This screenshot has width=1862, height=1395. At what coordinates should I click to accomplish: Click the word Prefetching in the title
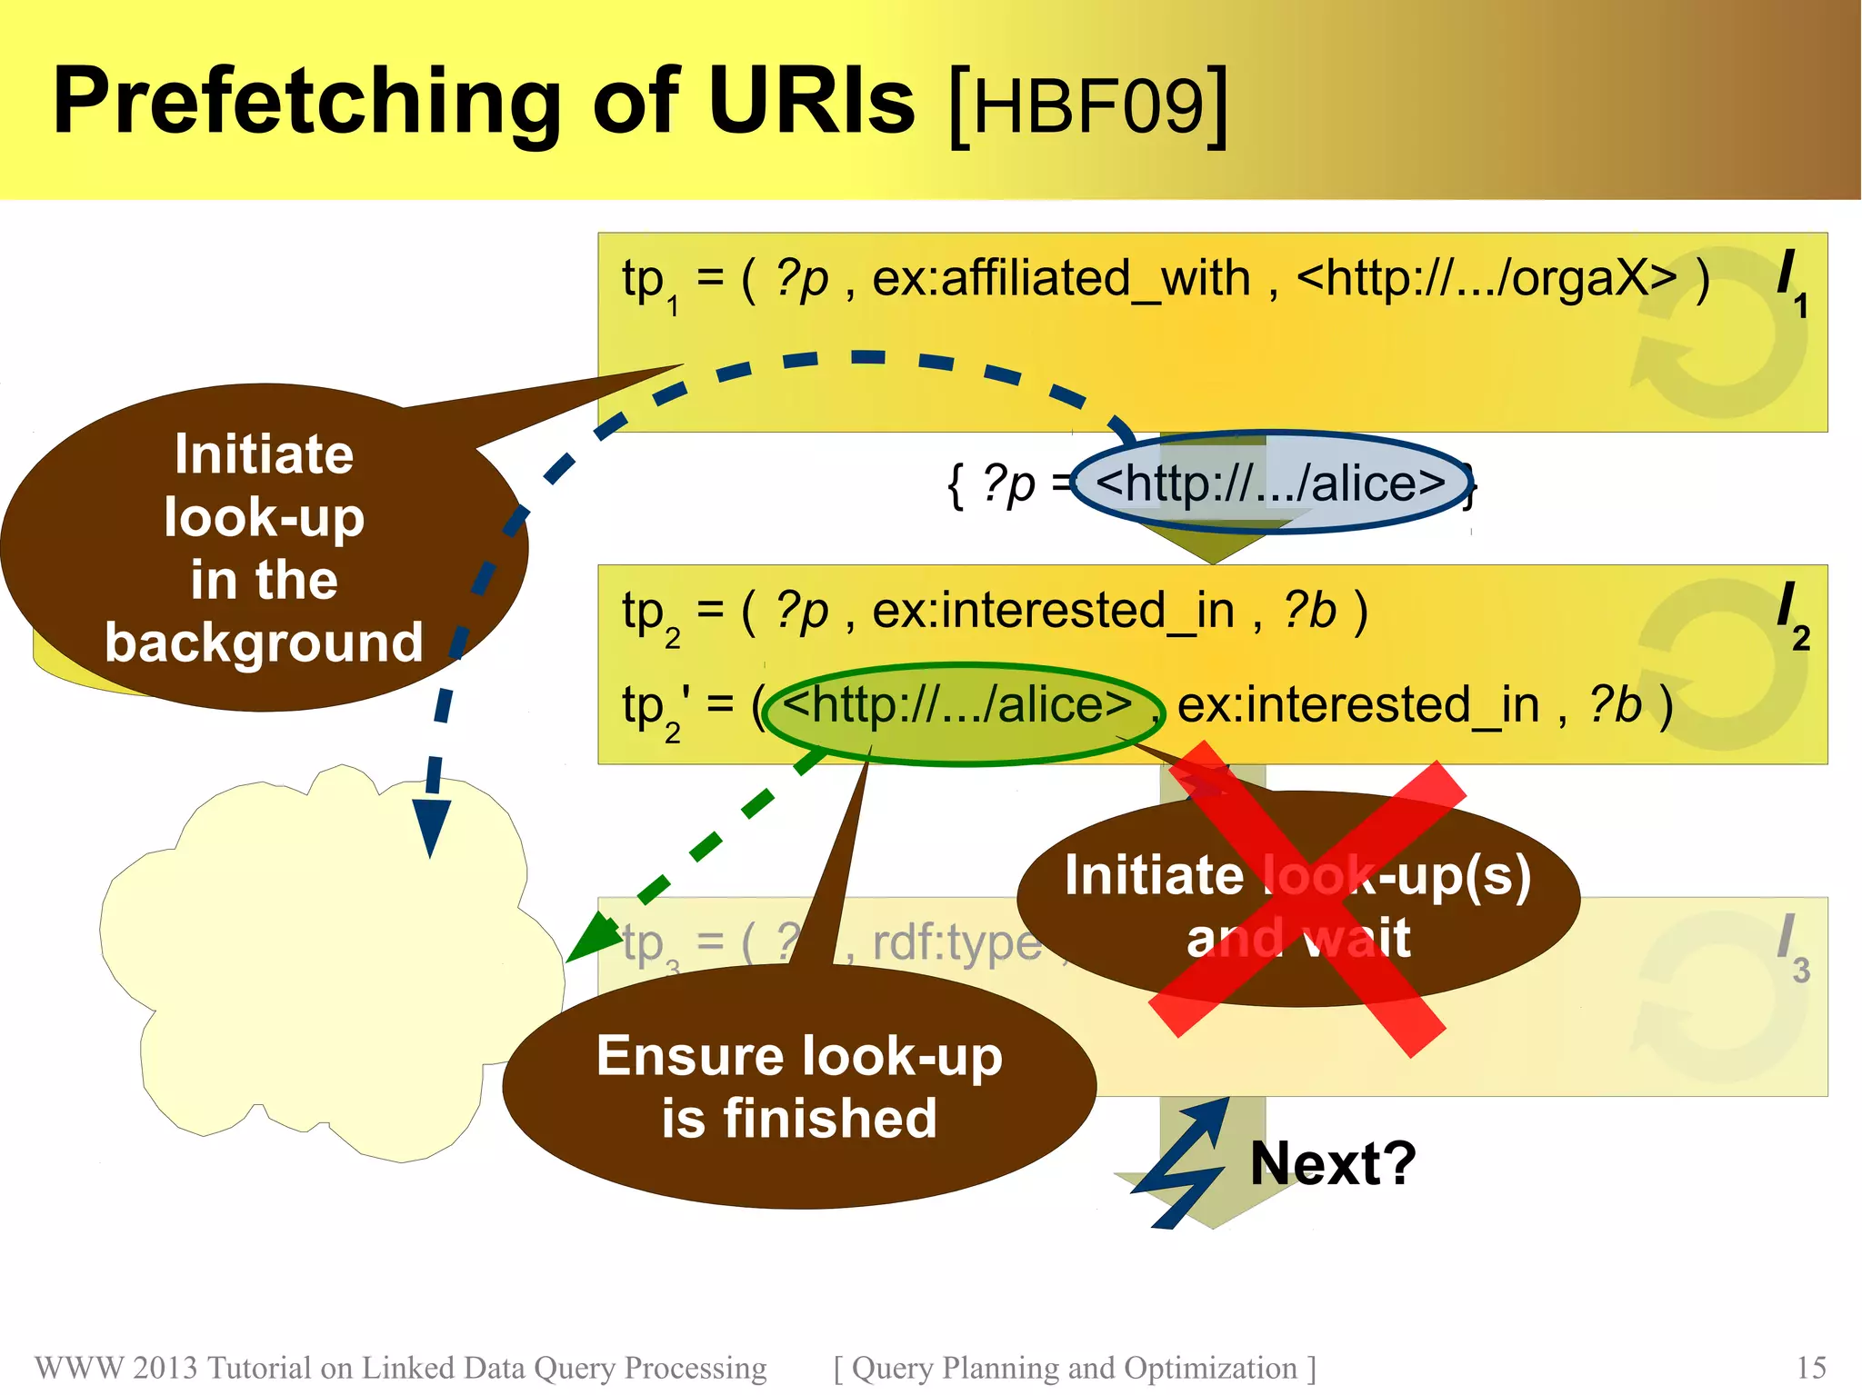[305, 102]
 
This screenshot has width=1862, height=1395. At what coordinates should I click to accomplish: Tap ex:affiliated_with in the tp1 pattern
[1060, 278]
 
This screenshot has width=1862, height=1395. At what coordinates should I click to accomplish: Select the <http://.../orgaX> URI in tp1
[1486, 278]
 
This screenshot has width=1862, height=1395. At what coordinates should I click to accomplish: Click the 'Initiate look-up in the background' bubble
[264, 549]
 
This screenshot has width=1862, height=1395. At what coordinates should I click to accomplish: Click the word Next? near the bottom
[1333, 1163]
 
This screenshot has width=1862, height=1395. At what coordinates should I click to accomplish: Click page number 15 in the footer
[1811, 1368]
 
